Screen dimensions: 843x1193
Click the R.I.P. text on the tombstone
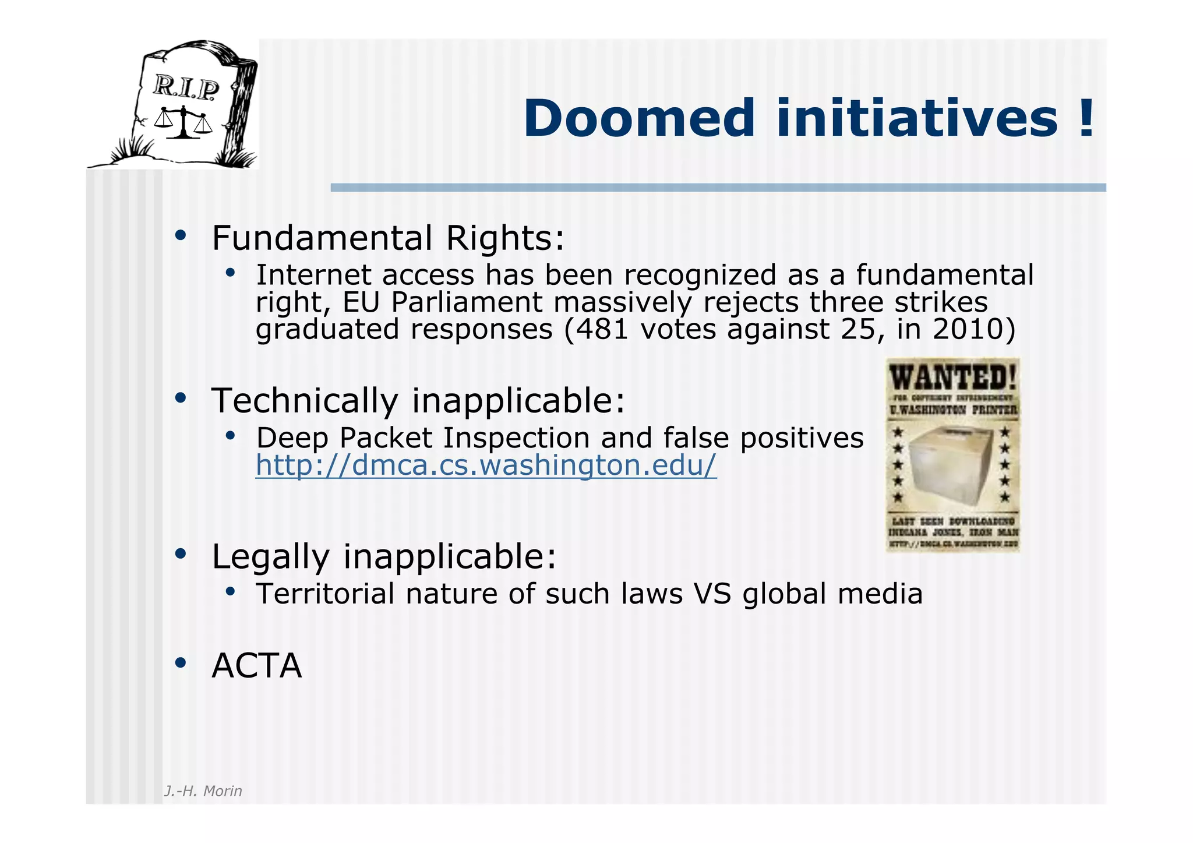click(x=186, y=88)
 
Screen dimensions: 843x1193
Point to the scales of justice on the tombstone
click(x=183, y=122)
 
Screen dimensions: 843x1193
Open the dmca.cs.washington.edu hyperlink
click(x=486, y=465)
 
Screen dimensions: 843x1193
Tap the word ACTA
click(x=257, y=666)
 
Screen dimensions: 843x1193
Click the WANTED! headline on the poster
click(x=953, y=378)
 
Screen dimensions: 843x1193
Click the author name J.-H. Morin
click(x=203, y=791)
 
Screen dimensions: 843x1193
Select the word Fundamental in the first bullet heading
click(x=322, y=238)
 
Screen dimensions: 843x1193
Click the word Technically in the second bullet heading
click(x=305, y=401)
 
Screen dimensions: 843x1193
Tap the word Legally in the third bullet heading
click(x=271, y=557)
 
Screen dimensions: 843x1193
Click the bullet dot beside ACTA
click(x=181, y=663)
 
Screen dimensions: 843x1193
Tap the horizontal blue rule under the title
click(x=718, y=188)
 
